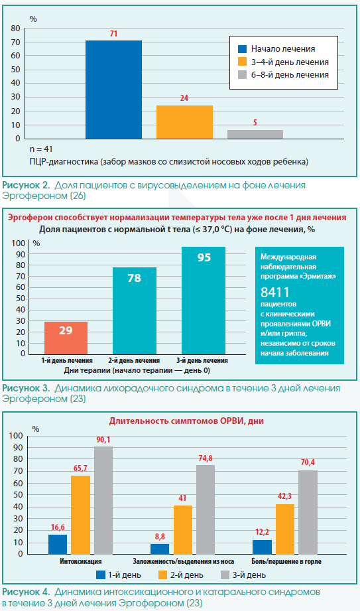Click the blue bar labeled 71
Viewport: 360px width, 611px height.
[x=113, y=90]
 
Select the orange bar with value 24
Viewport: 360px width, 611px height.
[x=184, y=122]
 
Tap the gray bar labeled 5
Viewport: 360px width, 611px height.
[x=255, y=135]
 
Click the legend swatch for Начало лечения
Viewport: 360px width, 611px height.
[x=243, y=49]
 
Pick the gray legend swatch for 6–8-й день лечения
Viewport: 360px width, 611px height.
[x=243, y=75]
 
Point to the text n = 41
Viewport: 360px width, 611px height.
[x=41, y=149]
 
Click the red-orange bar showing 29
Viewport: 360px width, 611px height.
[x=66, y=338]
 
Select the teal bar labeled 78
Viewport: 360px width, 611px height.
[x=135, y=310]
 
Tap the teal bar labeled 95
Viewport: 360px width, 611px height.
[x=204, y=301]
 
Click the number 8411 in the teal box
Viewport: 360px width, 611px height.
[x=275, y=293]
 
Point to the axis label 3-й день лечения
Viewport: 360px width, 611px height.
[x=202, y=360]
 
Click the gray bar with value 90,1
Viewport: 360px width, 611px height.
[x=103, y=500]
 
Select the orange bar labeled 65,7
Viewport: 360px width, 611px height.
[x=80, y=515]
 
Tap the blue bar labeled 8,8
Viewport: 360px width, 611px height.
[x=160, y=549]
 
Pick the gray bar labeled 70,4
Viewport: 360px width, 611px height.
[x=308, y=512]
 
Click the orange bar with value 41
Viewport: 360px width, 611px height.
[x=183, y=529]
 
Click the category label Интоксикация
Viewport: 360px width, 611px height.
[x=81, y=561]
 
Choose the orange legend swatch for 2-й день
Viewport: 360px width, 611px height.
[x=163, y=575]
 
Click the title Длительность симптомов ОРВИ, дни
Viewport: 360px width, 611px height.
[x=186, y=421]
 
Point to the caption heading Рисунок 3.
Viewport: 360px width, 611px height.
[x=26, y=389]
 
